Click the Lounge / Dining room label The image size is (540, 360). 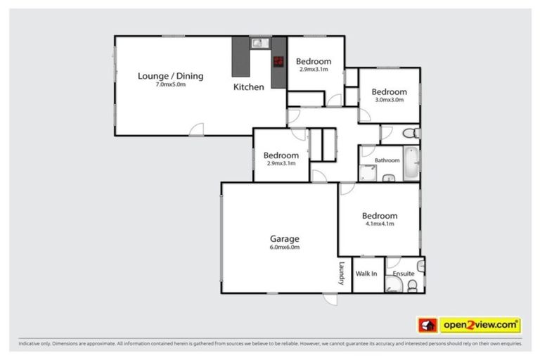coord(170,75)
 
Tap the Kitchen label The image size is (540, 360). coord(249,87)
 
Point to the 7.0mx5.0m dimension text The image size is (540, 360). coord(170,84)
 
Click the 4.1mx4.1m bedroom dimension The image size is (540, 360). coord(380,224)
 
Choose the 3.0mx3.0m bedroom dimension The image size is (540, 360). coord(389,100)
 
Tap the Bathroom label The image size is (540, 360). coord(387,160)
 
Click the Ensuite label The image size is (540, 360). coord(403,273)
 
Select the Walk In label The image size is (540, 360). coord(366,273)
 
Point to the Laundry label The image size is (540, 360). coord(342,273)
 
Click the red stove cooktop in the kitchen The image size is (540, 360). coord(278,60)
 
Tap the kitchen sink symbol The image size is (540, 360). coord(258,43)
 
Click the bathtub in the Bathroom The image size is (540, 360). coord(411,165)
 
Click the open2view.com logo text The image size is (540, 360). coord(480,325)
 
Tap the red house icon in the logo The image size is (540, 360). coord(427,325)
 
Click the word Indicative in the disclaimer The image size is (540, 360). coord(30,345)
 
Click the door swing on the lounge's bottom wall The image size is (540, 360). coord(198,129)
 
